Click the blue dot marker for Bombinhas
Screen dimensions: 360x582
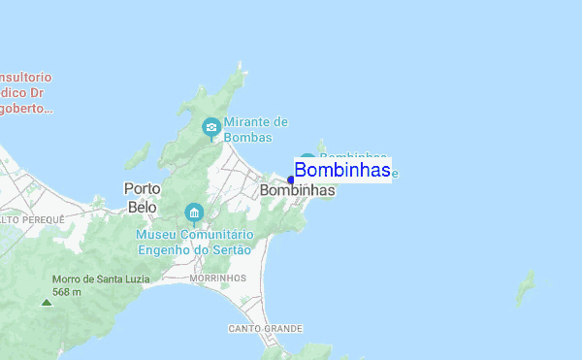click(291, 180)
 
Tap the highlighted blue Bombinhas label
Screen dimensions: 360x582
click(342, 171)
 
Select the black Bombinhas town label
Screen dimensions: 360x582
click(298, 191)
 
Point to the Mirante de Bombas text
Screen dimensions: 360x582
click(256, 130)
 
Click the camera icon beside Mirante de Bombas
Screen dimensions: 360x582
click(210, 127)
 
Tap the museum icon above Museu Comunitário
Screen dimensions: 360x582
click(194, 213)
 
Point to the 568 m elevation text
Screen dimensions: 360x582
click(66, 292)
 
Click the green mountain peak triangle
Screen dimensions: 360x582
click(46, 303)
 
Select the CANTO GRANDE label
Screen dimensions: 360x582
click(265, 329)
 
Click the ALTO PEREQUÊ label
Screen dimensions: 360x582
click(32, 220)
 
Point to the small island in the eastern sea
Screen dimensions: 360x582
click(526, 286)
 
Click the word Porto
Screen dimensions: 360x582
click(142, 188)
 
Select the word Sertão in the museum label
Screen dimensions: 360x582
click(229, 249)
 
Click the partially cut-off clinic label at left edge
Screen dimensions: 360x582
click(26, 92)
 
